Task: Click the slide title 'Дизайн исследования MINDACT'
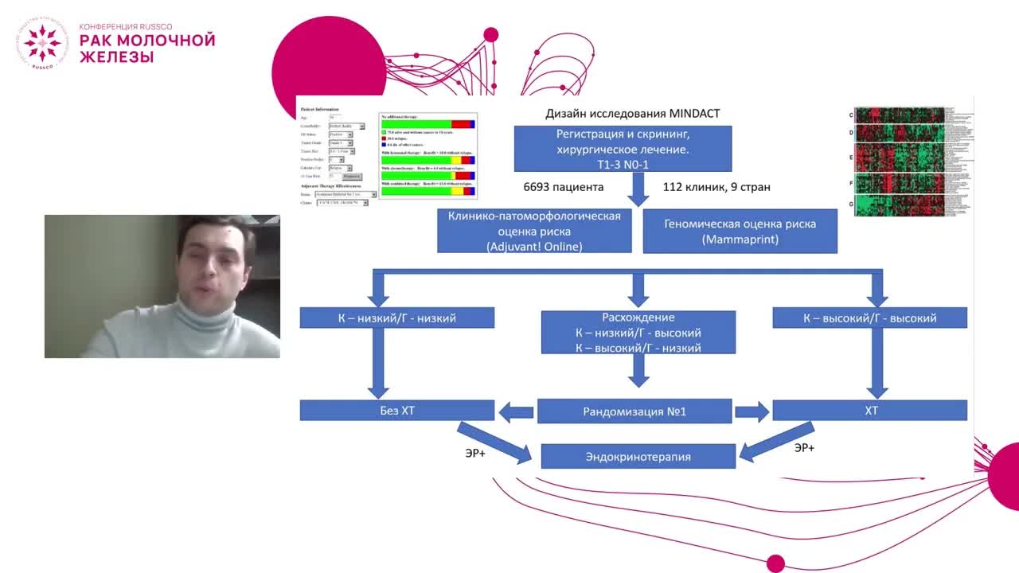[632, 114]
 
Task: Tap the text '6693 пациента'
[563, 187]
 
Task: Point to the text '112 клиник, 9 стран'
[716, 187]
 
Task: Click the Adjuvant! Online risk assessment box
[534, 231]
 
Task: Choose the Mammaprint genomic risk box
[740, 231]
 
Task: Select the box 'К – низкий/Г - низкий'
[397, 318]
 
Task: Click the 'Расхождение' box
[638, 332]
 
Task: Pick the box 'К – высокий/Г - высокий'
[869, 318]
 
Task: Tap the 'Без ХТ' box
[397, 411]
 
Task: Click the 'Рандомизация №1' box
[634, 411]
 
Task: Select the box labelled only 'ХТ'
[869, 411]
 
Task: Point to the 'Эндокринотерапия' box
[638, 457]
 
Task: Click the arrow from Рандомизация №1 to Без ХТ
[515, 411]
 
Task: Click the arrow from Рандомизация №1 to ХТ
[752, 411]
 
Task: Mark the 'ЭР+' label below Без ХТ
[475, 453]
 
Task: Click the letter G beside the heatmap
[851, 205]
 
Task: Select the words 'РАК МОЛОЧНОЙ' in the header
[147, 41]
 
